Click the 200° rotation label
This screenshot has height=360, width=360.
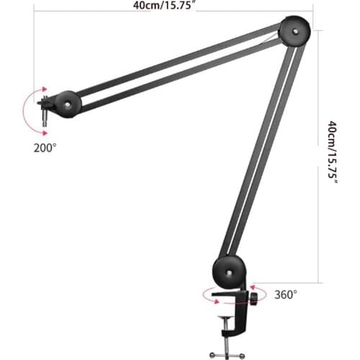pos(44,148)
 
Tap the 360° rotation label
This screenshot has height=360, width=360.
pos(284,294)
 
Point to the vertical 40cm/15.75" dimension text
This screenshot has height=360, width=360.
pos(333,151)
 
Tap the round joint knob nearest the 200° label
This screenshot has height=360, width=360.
pos(68,104)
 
